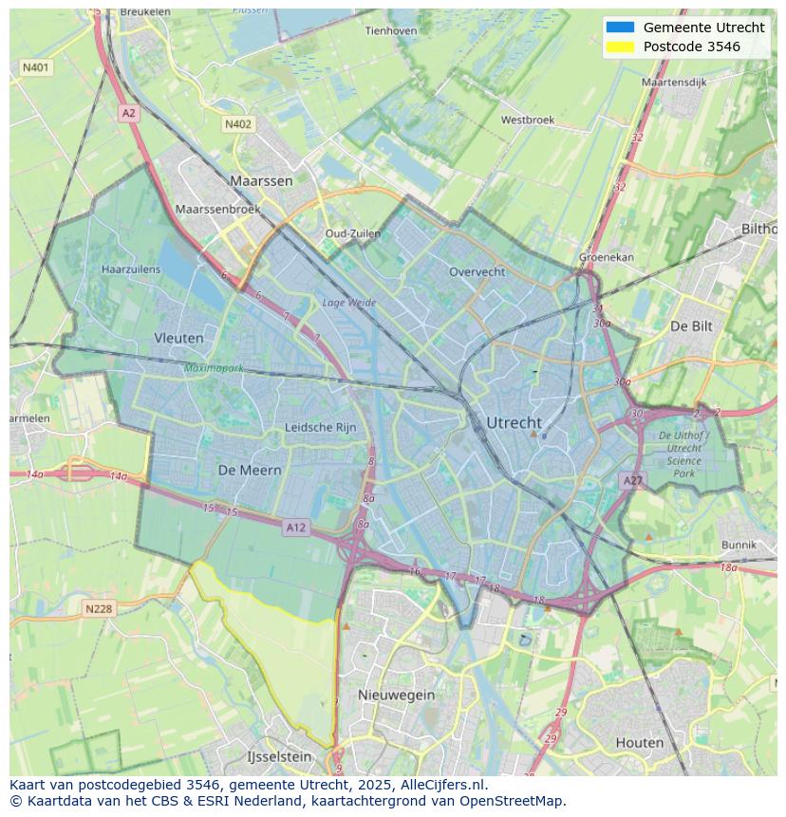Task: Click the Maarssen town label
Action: coord(261,179)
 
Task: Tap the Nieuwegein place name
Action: coord(396,695)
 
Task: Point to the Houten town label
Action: coord(639,742)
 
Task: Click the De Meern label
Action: coord(250,470)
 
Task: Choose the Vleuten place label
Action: coord(178,338)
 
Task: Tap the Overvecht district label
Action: coord(477,271)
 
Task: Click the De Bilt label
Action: coord(690,325)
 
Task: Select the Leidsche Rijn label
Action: coord(321,428)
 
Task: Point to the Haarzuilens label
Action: coord(131,269)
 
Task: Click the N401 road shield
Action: coord(36,67)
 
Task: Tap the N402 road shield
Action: coord(238,124)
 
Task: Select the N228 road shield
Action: coord(99,609)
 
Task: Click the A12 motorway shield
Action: coord(295,528)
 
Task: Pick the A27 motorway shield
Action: coord(632,481)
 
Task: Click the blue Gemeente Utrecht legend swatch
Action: coord(620,28)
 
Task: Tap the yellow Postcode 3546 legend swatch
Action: coord(620,46)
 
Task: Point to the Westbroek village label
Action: coord(527,121)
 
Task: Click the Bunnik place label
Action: coord(739,545)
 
